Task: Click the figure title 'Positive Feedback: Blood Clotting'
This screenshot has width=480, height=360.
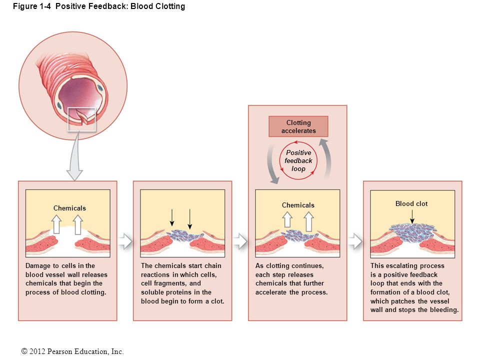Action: click(120, 6)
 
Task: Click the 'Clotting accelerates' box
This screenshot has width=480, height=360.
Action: click(298, 126)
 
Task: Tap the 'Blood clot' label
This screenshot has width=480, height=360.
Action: click(411, 203)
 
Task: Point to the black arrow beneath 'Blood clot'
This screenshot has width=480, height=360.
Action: click(412, 216)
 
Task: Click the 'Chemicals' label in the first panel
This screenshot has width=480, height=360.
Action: click(69, 208)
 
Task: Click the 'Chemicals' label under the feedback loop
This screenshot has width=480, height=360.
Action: click(298, 205)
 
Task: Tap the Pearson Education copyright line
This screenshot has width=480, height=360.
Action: click(72, 351)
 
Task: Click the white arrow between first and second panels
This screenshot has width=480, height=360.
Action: click(125, 241)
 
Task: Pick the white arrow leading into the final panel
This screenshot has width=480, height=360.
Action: click(355, 241)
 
